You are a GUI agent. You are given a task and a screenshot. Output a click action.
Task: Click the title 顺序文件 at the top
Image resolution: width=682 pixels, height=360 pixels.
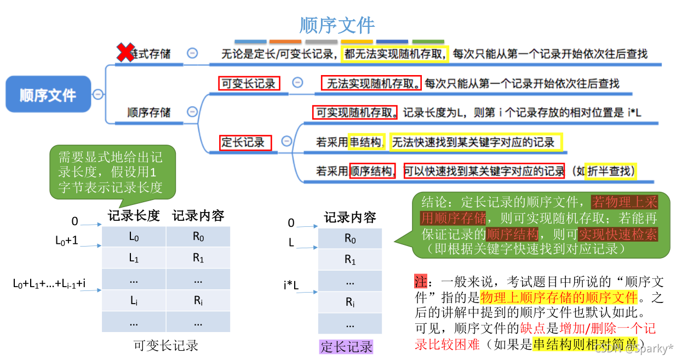pyautogui.click(x=337, y=25)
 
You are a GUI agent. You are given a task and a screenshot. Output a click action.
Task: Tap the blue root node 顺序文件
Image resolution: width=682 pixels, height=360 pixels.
pyautogui.click(x=48, y=95)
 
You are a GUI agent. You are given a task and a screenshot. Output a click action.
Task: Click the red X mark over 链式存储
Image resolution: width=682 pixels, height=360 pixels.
pyautogui.click(x=126, y=53)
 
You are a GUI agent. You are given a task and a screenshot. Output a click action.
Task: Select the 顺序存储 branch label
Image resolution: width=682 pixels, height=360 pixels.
pyautogui.click(x=149, y=112)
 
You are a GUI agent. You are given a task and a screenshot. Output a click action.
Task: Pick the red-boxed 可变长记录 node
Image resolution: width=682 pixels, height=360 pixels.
pyautogui.click(x=248, y=83)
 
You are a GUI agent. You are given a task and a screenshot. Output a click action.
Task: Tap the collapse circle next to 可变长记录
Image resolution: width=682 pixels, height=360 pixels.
pyautogui.click(x=297, y=83)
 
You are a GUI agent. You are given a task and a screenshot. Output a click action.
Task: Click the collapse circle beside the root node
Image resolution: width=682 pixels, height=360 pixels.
pyautogui.click(x=98, y=94)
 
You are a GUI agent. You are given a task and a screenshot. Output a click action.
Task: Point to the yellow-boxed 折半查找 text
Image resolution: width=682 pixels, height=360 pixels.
pyautogui.click(x=611, y=171)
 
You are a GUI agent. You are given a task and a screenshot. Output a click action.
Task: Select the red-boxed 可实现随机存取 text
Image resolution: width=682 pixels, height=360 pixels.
pyautogui.click(x=356, y=113)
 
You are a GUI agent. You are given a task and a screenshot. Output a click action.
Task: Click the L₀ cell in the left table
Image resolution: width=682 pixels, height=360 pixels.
pyautogui.click(x=134, y=237)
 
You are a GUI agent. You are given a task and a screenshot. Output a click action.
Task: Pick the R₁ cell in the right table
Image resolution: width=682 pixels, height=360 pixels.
pyautogui.click(x=350, y=260)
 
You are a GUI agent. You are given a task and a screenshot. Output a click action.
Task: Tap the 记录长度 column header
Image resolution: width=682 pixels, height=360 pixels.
pyautogui.click(x=134, y=216)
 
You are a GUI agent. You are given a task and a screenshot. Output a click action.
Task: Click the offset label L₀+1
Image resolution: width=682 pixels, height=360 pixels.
pyautogui.click(x=67, y=241)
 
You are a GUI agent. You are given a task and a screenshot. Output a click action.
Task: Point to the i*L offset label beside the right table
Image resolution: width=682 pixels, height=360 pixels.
pyautogui.click(x=291, y=285)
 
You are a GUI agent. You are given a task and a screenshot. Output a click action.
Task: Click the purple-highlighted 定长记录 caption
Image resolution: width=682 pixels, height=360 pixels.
pyautogui.click(x=346, y=346)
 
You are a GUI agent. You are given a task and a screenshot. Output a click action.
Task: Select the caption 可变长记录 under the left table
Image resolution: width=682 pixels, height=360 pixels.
pyautogui.click(x=166, y=345)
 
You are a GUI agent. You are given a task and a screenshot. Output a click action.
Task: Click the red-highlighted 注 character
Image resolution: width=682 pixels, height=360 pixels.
pyautogui.click(x=420, y=282)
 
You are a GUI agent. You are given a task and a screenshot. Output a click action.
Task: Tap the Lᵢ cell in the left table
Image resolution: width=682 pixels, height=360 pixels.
pyautogui.click(x=134, y=300)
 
